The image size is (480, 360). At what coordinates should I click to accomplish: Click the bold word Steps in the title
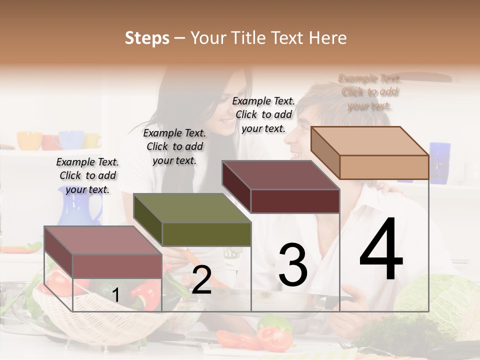point(147,38)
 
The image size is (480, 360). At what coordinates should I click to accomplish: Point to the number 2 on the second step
point(201,280)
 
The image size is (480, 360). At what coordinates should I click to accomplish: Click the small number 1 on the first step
point(115,295)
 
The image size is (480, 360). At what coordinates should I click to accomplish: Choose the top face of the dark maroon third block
point(280,175)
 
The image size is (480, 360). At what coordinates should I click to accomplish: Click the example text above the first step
point(87,175)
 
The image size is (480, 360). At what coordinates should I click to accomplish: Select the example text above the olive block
point(174,146)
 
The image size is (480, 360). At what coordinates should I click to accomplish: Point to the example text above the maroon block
point(263,114)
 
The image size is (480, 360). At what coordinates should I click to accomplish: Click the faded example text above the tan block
point(369,92)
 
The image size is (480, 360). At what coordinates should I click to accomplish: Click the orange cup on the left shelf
point(29,140)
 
